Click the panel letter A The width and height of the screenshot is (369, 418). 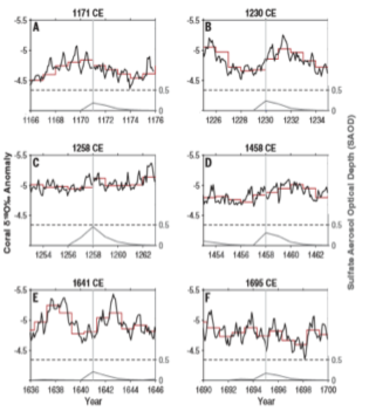point(36,27)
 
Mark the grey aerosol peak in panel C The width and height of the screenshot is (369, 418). point(93,227)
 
